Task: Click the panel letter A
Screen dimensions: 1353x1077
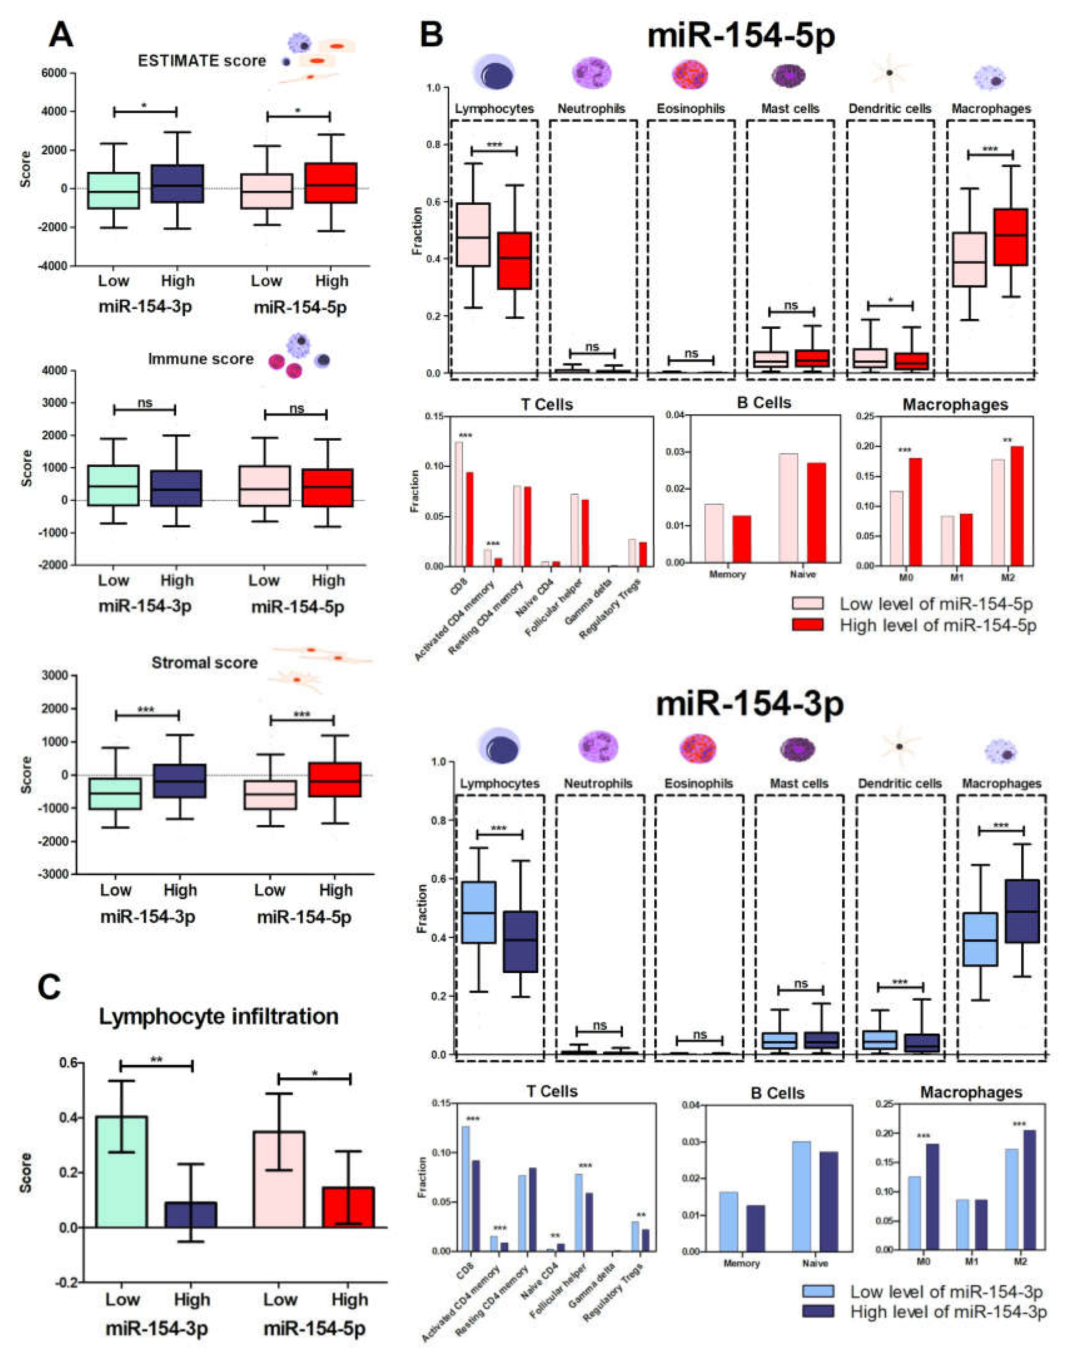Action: [x=61, y=35]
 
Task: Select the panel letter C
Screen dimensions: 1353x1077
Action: [x=49, y=987]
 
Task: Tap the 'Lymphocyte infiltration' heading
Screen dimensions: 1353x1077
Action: [x=218, y=1017]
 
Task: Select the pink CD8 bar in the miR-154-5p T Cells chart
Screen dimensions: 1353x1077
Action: [x=459, y=504]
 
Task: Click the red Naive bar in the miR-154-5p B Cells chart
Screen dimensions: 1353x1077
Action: [x=816, y=512]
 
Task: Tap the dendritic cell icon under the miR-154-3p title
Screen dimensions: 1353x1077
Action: [x=899, y=747]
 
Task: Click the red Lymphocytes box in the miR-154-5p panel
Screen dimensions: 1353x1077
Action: [x=514, y=261]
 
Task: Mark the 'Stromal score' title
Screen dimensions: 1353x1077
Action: [x=204, y=663]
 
